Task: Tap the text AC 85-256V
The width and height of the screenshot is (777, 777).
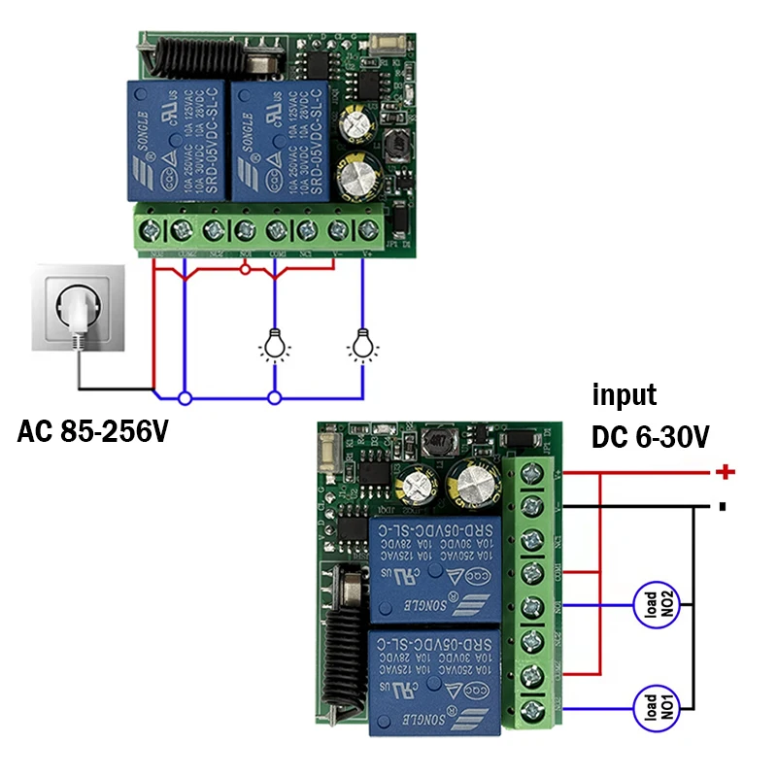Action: [x=92, y=431]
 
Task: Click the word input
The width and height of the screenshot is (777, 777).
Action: [x=625, y=395]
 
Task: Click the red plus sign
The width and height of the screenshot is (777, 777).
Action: [x=725, y=472]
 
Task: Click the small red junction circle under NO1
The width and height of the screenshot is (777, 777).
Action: [x=246, y=268]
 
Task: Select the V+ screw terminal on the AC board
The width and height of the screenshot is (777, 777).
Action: [x=368, y=230]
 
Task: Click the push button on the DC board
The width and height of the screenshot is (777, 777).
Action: [x=327, y=452]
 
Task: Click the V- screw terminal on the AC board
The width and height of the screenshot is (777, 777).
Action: [x=337, y=230]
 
